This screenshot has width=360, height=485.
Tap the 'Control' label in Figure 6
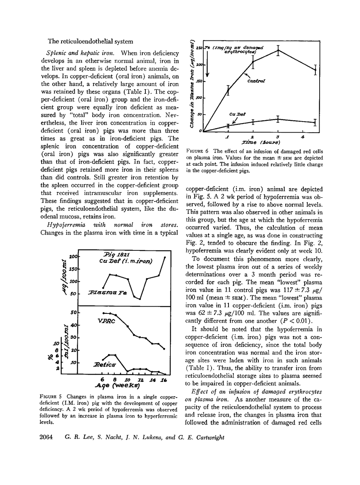pyautogui.click(x=256, y=81)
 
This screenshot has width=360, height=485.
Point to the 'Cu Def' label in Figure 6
pyautogui.click(x=237, y=114)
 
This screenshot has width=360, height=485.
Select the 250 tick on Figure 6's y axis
pyautogui.click(x=200, y=48)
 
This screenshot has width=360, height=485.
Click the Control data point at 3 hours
pyautogui.click(x=278, y=50)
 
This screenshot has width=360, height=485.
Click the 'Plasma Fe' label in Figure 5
pyautogui.click(x=107, y=292)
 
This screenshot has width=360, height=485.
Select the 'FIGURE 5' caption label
pyautogui.click(x=51, y=397)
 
